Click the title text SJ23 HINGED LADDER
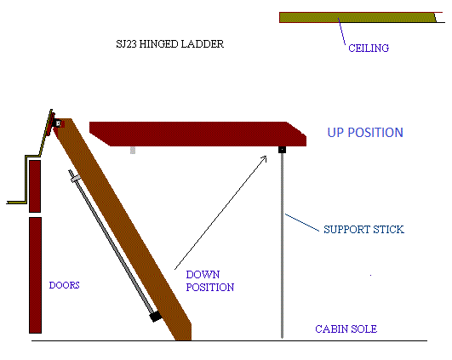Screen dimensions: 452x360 pos(169,44)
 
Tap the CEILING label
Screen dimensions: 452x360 pos(369,49)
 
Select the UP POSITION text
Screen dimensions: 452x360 pos(365,133)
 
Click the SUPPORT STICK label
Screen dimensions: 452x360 pos(363,230)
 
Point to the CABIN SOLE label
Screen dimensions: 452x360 pos(346,329)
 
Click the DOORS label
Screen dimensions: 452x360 pos(65,285)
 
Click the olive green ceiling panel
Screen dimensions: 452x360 pos(358,18)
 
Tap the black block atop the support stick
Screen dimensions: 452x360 pos(282,150)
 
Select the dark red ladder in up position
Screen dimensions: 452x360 pos(197,134)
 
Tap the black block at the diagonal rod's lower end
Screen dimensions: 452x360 pos(156,317)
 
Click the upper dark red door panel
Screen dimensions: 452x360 pos(35,186)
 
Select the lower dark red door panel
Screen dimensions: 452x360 pos(35,275)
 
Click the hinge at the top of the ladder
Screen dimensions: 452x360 pos(57,123)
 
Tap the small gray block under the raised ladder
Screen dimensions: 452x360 pos(133,150)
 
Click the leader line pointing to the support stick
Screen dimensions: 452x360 pos(302,222)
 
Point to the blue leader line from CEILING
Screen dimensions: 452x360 pos(341,31)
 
